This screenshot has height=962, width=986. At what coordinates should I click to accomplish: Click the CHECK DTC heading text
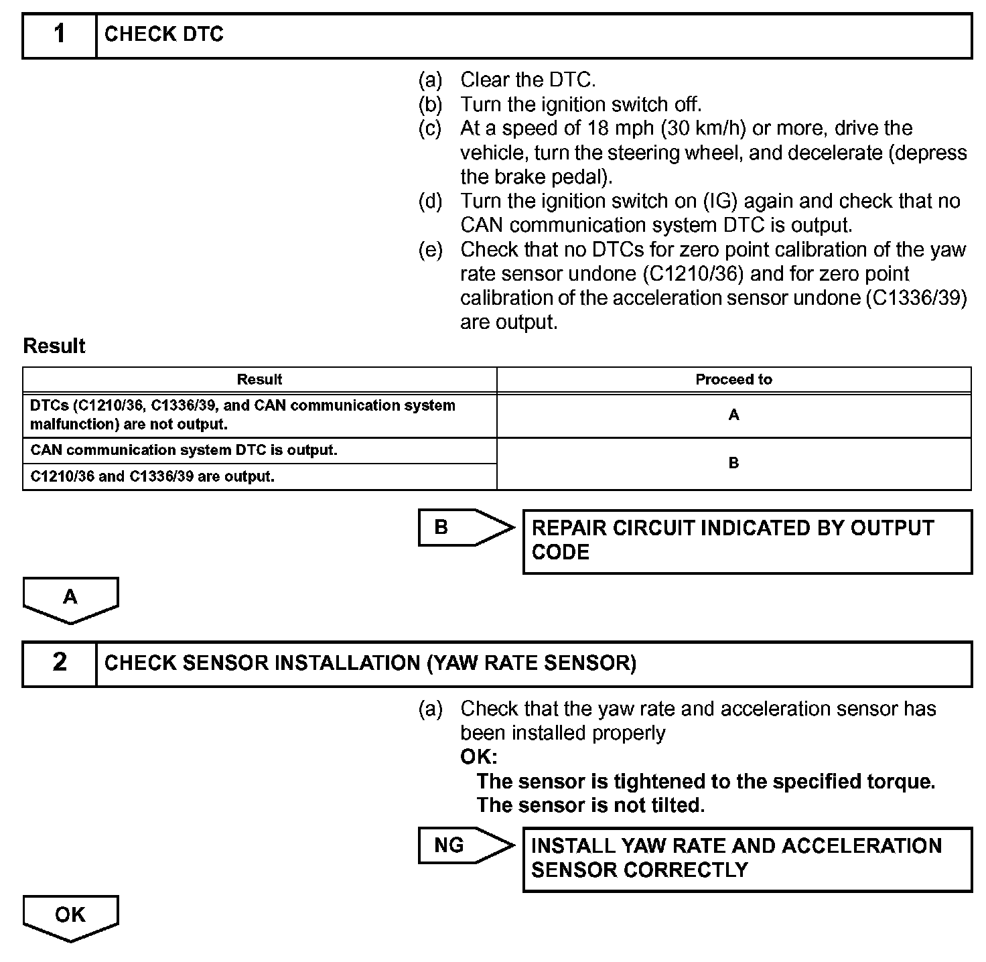[x=164, y=34]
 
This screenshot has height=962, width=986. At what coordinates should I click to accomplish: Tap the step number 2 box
[x=60, y=663]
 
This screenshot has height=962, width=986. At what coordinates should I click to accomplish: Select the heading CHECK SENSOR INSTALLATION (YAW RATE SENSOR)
[x=370, y=663]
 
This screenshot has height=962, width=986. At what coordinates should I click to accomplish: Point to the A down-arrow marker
[x=70, y=598]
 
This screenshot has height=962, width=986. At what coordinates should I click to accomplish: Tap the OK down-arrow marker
[x=70, y=916]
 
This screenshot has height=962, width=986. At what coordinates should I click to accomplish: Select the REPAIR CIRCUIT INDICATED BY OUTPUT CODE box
[x=747, y=541]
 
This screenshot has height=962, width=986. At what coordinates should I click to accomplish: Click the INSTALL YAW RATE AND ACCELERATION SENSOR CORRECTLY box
[x=747, y=858]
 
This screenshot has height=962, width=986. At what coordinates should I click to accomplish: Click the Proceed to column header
[x=733, y=380]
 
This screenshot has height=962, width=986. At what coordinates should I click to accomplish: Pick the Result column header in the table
[x=259, y=380]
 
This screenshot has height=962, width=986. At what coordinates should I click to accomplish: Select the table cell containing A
[x=733, y=415]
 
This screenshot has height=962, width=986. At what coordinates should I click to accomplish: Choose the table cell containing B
[x=733, y=463]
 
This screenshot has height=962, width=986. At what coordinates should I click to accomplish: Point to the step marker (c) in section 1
[x=430, y=129]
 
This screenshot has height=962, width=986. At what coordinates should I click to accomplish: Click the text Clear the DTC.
[x=528, y=80]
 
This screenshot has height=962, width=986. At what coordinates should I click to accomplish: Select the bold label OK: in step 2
[x=478, y=757]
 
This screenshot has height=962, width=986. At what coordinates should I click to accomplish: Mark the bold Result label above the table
[x=54, y=346]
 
